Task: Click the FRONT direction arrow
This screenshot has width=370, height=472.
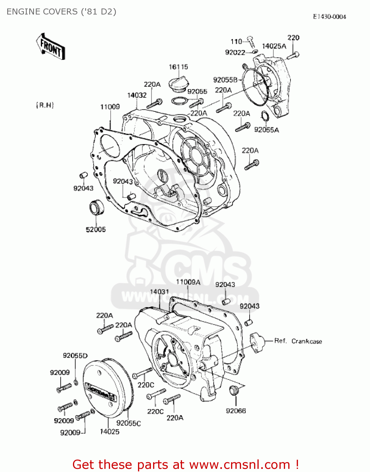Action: tap(50, 47)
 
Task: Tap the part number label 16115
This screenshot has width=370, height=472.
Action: tap(178, 67)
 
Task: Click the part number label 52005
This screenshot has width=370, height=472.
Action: tap(96, 229)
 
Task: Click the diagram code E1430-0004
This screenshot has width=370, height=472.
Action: tap(329, 17)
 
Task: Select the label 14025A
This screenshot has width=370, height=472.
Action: tap(274, 46)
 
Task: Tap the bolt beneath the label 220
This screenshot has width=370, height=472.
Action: tap(293, 55)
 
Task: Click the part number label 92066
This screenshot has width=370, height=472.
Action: tap(236, 411)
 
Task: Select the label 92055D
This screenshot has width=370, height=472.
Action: tap(75, 356)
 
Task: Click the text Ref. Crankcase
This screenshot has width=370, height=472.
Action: tap(298, 341)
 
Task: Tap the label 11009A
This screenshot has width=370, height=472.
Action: tap(188, 282)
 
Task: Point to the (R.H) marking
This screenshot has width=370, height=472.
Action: tap(45, 105)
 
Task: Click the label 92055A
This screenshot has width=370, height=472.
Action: tap(266, 130)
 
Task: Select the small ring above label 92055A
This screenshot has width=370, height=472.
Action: tap(265, 116)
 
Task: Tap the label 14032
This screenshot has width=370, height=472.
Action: tap(137, 95)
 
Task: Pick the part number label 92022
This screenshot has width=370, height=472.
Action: tap(235, 53)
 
